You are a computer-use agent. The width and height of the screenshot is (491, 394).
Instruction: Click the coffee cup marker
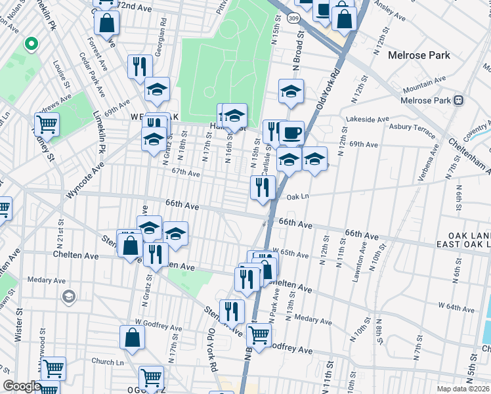point(291,133)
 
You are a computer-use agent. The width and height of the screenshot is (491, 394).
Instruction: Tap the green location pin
point(30,44)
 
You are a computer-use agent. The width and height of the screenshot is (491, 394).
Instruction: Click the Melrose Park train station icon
point(458,100)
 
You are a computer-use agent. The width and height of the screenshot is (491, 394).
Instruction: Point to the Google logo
point(22,386)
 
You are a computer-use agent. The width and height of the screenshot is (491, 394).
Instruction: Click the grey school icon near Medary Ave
point(68,297)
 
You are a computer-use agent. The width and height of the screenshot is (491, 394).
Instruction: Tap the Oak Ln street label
point(297,196)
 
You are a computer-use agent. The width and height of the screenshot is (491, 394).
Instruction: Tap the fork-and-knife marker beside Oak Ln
point(263,187)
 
